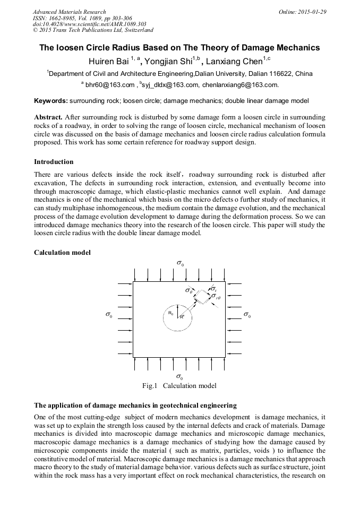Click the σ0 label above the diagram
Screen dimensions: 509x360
[181, 263]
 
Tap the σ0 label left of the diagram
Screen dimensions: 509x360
[109, 315]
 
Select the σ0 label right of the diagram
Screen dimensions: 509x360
[247, 315]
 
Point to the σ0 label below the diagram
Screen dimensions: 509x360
[181, 377]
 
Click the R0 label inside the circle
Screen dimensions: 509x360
[170, 313]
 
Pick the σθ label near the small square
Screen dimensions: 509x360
[188, 290]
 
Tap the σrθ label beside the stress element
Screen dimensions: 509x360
[217, 298]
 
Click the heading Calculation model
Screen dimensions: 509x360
[62, 253]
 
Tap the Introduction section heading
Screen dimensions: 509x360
[54, 161]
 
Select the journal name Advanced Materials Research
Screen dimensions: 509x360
[69, 12]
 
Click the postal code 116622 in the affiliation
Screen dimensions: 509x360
[280, 73]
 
